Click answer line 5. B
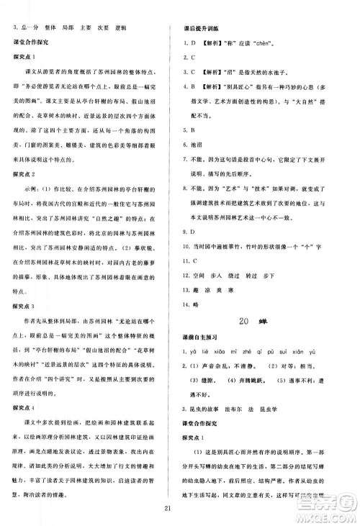click(192, 130)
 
